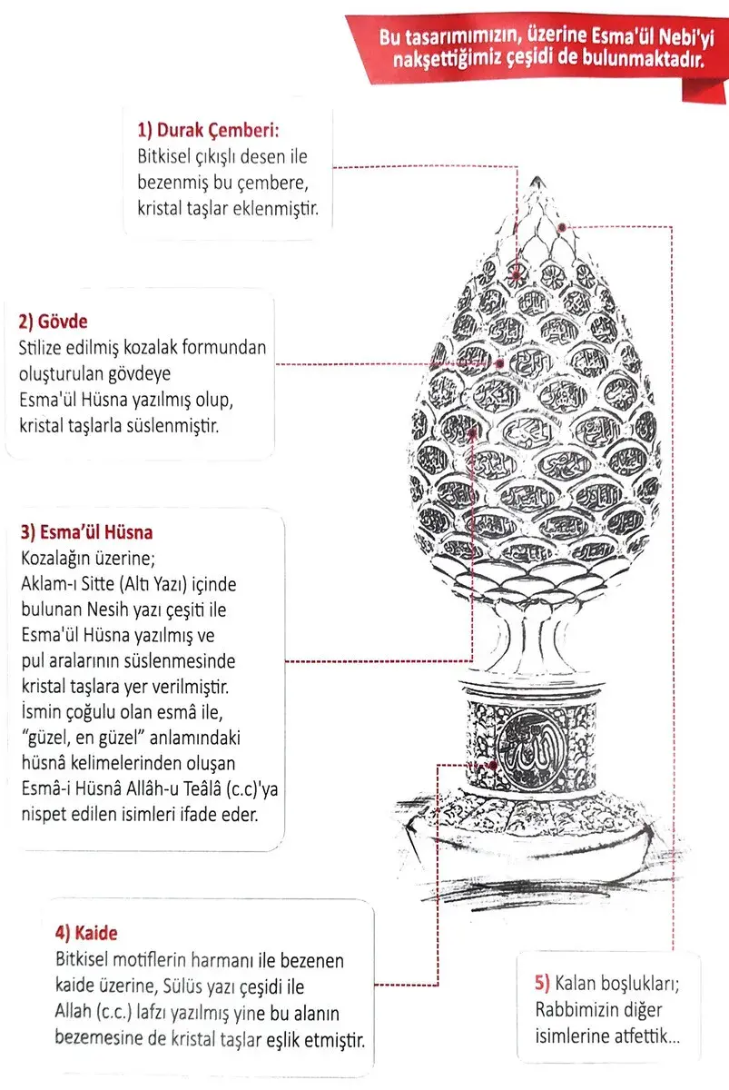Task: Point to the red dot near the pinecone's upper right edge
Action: (564, 227)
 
